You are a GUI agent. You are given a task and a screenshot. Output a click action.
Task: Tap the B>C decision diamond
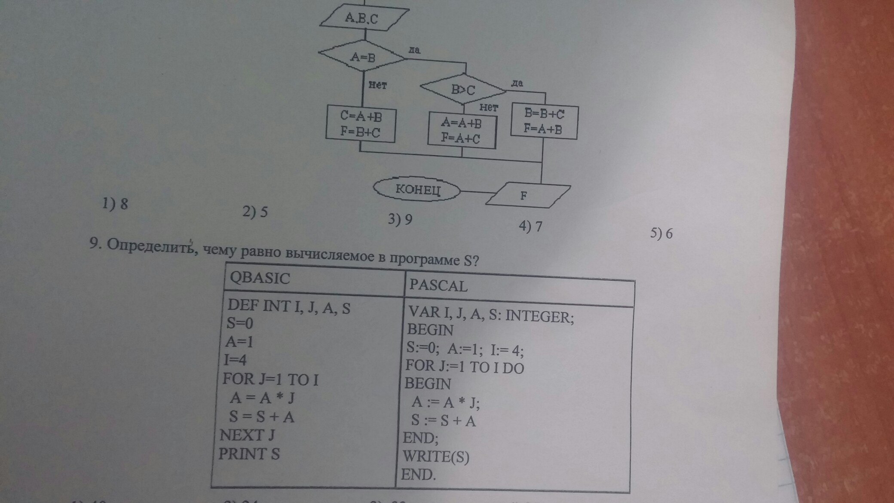[x=463, y=89]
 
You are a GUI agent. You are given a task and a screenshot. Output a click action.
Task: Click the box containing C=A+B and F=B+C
[x=361, y=123]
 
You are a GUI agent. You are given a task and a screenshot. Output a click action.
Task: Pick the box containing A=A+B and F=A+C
[x=462, y=130]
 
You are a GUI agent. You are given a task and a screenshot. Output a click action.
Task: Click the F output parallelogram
[x=528, y=195]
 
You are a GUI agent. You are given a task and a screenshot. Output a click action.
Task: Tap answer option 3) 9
[x=400, y=219]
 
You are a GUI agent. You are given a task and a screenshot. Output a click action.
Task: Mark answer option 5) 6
[x=661, y=233]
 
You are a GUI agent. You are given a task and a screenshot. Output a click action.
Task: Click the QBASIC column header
[x=260, y=278]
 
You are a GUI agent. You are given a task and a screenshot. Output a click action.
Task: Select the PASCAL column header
[x=438, y=285]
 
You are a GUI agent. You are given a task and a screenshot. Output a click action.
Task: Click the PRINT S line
[x=249, y=454]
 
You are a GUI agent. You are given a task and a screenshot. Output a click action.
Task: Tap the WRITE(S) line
[x=436, y=456]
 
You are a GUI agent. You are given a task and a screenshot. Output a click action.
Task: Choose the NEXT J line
[x=247, y=435]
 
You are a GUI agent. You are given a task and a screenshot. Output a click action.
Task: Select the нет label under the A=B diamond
[x=378, y=85]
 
